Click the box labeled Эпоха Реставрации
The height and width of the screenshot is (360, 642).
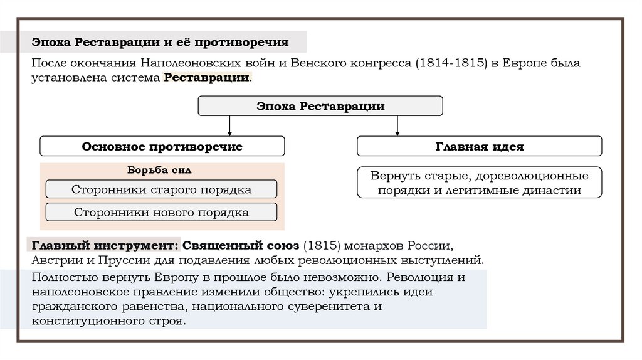pos(320,106)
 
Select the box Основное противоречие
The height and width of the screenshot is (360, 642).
pos(162,146)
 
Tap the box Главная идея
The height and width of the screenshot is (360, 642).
pos(480,146)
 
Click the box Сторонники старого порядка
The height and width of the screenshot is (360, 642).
pos(162,189)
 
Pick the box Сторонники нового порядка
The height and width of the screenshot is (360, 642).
pos(162,213)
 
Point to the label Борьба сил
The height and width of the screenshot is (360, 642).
pos(159,170)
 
